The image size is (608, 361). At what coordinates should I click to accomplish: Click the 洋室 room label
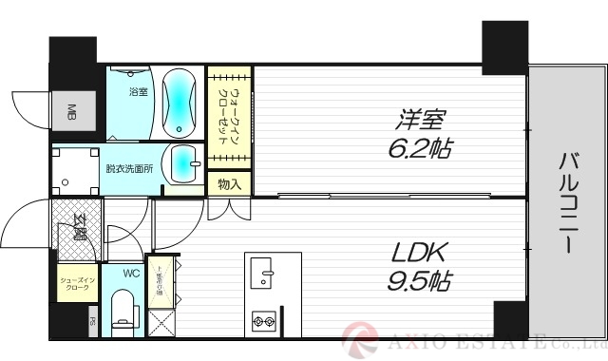tap(419, 121)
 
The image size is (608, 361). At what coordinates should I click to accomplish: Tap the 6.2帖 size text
tap(419, 149)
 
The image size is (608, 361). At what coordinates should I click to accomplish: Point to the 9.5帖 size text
tap(419, 281)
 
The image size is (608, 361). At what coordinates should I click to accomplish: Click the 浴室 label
tap(139, 91)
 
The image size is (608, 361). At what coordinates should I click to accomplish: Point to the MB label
tap(71, 115)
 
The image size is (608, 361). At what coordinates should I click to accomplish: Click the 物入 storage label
tap(228, 183)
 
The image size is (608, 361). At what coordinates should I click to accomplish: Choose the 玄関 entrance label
tap(78, 230)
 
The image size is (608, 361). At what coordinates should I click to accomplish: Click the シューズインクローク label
tap(76, 284)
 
